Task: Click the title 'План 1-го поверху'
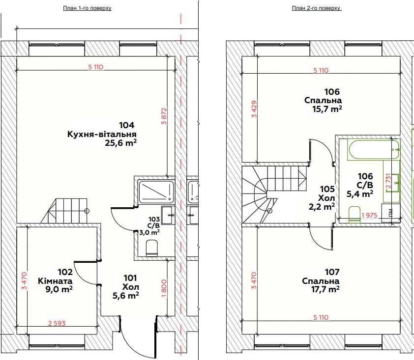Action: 87,8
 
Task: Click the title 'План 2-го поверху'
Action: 316,8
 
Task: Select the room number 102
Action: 65,272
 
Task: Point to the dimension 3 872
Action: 164,115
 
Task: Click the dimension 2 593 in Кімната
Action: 57,323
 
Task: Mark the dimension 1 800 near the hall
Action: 164,288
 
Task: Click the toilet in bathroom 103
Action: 152,248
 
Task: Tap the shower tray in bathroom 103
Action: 156,192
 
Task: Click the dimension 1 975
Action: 370,215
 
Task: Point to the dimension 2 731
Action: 388,181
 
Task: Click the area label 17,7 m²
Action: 326,289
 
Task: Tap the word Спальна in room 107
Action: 321,280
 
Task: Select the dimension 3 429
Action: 254,109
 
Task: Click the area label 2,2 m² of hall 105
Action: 322,206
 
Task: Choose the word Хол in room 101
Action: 131,287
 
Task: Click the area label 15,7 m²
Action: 327,109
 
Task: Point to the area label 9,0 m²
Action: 59,289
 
